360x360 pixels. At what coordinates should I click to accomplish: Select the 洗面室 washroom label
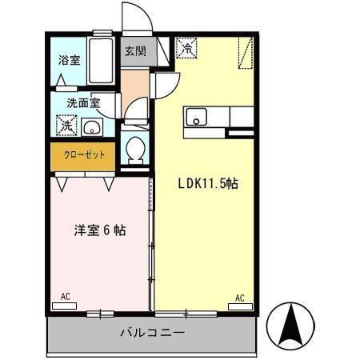(x=82, y=102)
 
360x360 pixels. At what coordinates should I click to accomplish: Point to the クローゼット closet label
(x=84, y=155)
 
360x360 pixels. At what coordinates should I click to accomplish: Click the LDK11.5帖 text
(x=207, y=183)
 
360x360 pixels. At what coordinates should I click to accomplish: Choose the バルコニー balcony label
(x=152, y=331)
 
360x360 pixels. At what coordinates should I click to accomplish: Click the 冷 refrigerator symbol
(x=186, y=48)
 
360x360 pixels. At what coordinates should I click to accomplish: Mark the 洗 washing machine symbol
(x=66, y=126)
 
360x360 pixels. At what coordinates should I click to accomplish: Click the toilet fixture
(x=136, y=149)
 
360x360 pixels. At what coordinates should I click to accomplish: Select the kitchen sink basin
(x=196, y=118)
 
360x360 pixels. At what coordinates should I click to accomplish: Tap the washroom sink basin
(x=93, y=126)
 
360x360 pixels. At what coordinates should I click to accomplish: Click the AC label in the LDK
(x=238, y=298)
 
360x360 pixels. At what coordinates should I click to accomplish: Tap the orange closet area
(x=84, y=156)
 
